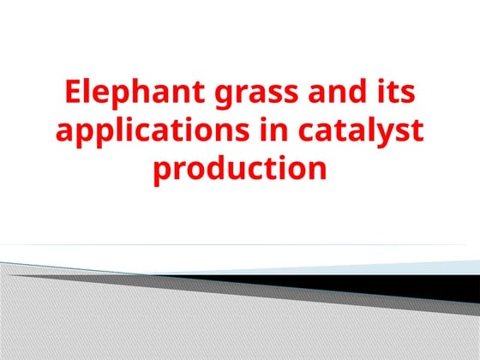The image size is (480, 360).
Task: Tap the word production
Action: tap(240, 169)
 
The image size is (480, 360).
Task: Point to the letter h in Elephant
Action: tap(145, 91)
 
